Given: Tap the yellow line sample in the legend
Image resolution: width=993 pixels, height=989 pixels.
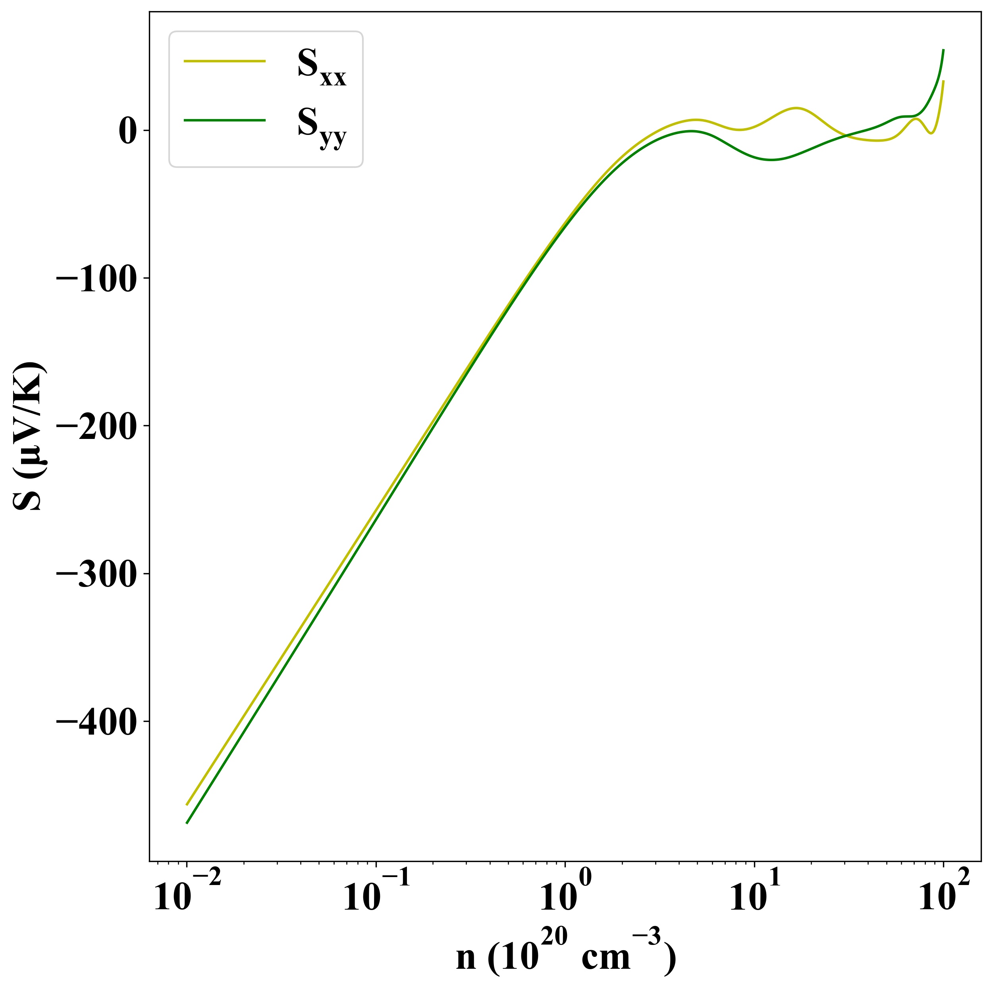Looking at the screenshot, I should click(x=225, y=61).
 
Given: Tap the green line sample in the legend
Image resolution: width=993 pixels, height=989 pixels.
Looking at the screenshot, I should click(x=225, y=120).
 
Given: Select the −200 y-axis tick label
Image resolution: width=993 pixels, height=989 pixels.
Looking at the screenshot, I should click(x=96, y=427).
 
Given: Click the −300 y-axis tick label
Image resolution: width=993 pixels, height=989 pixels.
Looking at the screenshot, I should click(x=96, y=575).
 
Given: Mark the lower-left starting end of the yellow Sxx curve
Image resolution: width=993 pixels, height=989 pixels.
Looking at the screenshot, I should click(x=187, y=804).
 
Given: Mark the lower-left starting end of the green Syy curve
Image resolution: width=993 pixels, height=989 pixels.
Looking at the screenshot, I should click(x=187, y=823).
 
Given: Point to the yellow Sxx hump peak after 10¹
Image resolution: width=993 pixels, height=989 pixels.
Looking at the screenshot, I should click(x=796, y=108).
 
